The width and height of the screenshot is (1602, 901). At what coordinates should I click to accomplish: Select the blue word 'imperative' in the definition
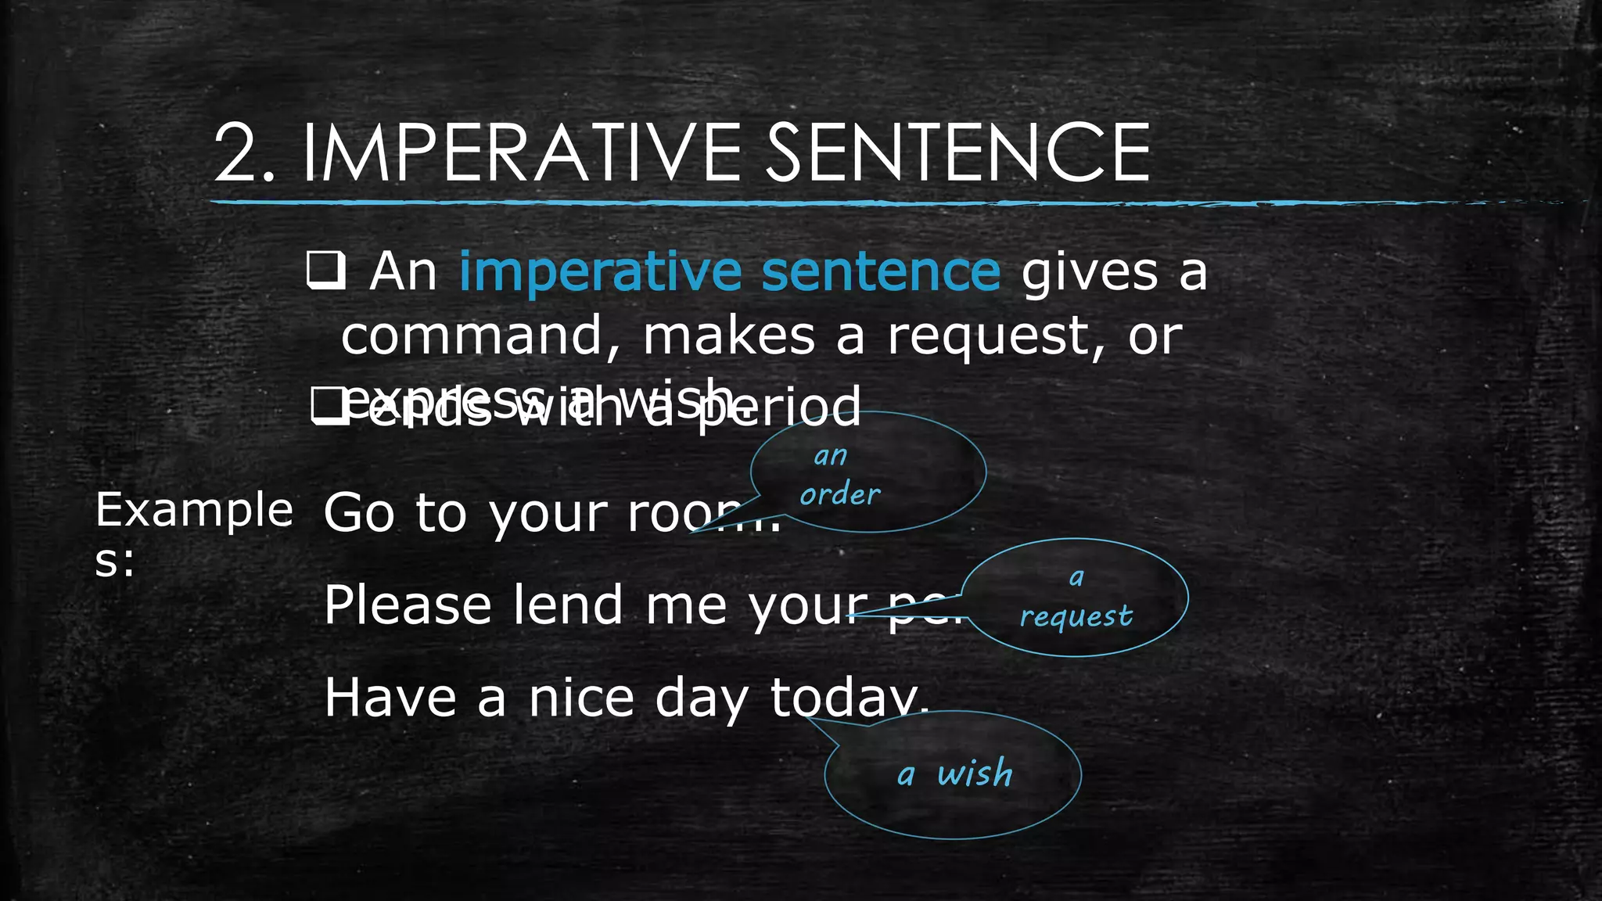[600, 271]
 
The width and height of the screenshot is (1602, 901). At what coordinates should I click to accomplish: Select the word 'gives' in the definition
[1090, 273]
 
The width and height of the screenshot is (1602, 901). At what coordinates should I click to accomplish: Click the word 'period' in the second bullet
[779, 407]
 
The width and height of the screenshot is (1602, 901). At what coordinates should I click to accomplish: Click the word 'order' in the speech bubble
[839, 494]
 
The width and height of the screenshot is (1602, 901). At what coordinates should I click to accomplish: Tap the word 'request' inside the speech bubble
[1076, 617]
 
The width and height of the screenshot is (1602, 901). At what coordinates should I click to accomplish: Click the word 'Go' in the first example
[358, 514]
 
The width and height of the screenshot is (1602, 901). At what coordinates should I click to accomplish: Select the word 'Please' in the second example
[408, 605]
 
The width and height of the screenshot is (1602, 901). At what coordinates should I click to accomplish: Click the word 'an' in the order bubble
[830, 455]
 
